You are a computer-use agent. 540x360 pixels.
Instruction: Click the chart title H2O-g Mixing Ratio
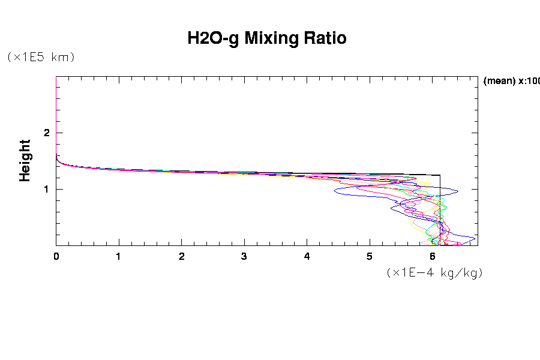click(x=267, y=38)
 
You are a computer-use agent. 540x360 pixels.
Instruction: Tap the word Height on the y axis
click(x=25, y=160)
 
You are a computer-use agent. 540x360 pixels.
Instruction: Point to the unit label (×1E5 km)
click(x=41, y=57)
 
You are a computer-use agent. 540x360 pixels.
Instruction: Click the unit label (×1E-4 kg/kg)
click(x=435, y=272)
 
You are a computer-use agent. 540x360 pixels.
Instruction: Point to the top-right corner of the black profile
click(x=440, y=175)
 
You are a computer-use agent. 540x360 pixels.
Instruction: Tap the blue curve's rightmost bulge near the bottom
click(x=475, y=239)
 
